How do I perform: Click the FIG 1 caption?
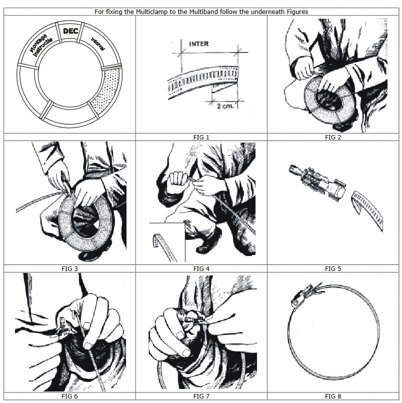click(x=201, y=136)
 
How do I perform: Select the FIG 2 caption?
click(x=333, y=136)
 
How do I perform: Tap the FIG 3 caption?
click(x=69, y=268)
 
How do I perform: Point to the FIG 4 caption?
click(x=201, y=268)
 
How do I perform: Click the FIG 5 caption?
click(x=333, y=268)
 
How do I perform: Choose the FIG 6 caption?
click(x=69, y=395)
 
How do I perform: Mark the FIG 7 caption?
click(x=201, y=395)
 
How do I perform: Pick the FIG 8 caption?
click(x=333, y=395)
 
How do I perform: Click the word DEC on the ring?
click(x=70, y=31)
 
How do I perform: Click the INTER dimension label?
click(x=198, y=44)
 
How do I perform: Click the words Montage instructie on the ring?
click(x=39, y=44)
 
